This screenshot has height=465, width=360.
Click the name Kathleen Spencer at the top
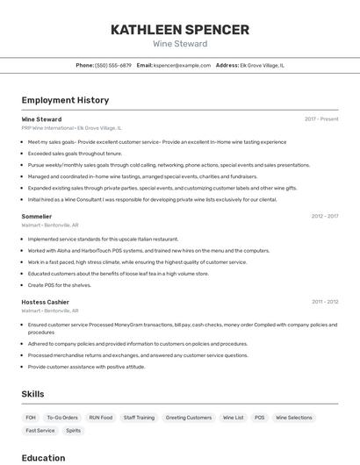tap(180, 30)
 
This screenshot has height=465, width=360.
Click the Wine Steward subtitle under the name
tap(180, 44)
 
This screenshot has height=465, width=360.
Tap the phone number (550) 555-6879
tap(113, 65)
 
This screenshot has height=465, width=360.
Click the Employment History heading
tap(65, 101)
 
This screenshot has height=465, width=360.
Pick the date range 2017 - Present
tap(321, 119)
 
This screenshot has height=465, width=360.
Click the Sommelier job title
tap(37, 216)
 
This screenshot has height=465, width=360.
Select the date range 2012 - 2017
tap(324, 216)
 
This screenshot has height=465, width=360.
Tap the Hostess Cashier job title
tap(46, 302)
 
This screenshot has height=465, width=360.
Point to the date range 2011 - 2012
tap(325, 302)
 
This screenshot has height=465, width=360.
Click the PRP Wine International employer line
tap(71, 128)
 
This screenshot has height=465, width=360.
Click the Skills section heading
tap(32, 395)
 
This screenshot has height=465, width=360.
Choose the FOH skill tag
tap(31, 418)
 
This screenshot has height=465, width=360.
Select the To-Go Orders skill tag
tap(62, 418)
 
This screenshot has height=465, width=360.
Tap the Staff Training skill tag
tap(139, 418)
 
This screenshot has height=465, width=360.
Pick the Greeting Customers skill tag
tap(189, 418)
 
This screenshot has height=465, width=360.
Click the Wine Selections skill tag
tap(294, 418)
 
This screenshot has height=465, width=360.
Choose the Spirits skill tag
tap(74, 431)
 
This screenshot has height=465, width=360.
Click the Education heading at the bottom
tap(43, 458)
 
